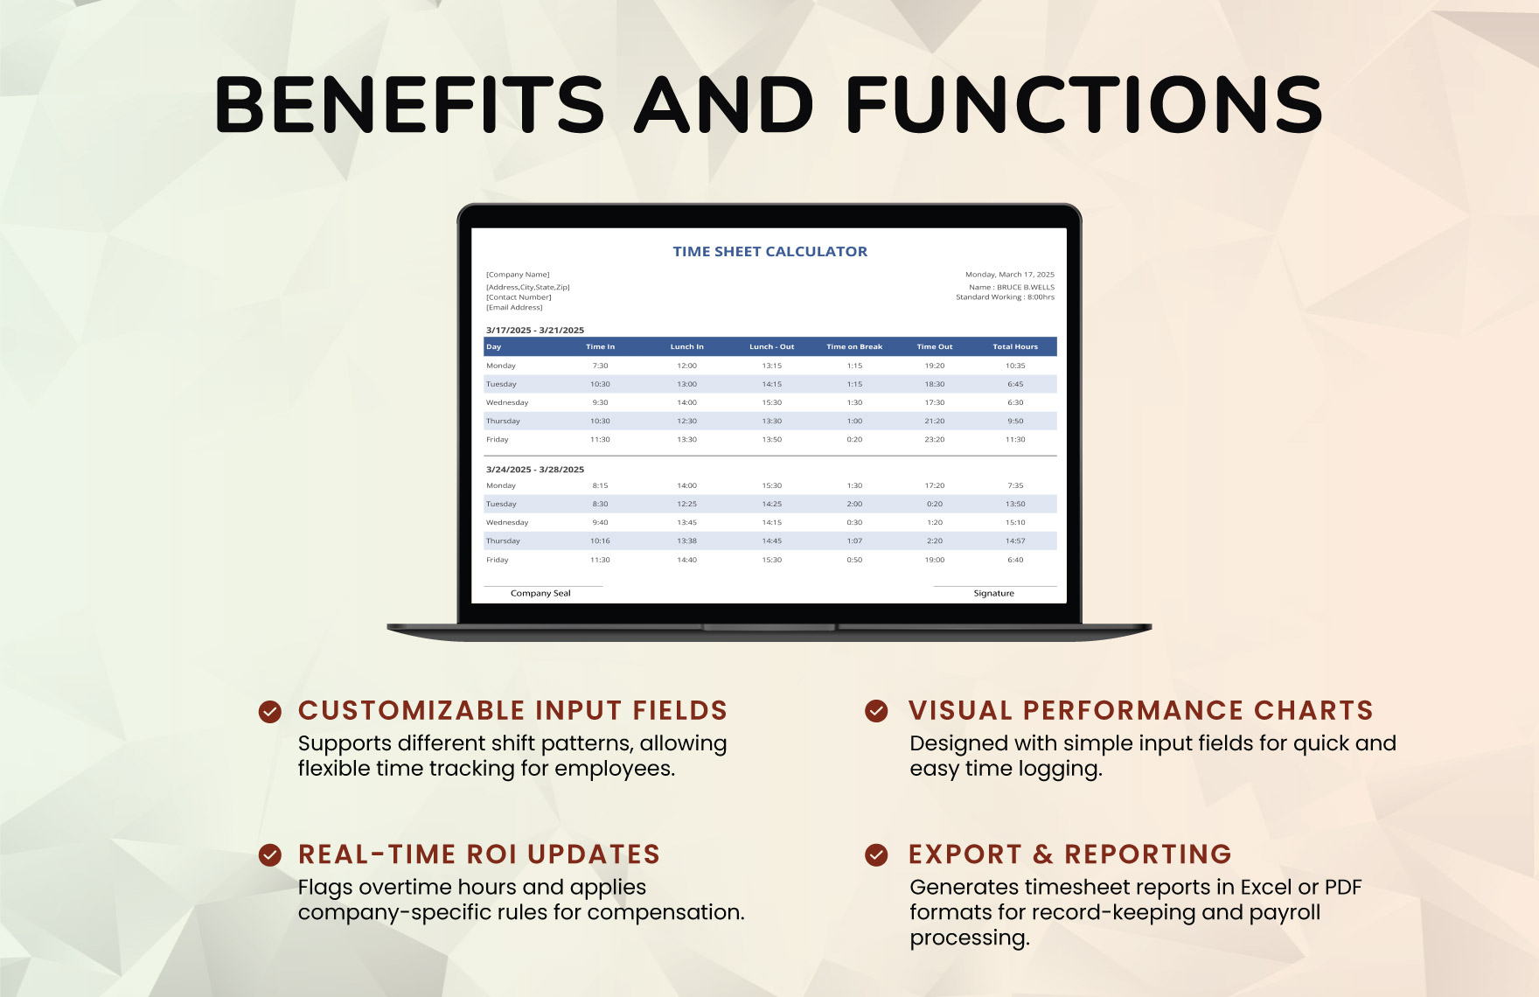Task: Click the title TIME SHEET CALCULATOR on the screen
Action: pyautogui.click(x=769, y=252)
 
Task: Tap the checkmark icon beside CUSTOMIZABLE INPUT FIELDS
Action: pyautogui.click(x=270, y=712)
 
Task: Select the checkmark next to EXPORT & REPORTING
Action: pyautogui.click(x=876, y=854)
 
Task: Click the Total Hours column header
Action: pyautogui.click(x=1015, y=347)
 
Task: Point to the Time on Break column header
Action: pyautogui.click(x=854, y=347)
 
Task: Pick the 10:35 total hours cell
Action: pyautogui.click(x=1015, y=366)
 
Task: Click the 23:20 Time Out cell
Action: pyautogui.click(x=935, y=440)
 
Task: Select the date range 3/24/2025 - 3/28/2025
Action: pyautogui.click(x=535, y=470)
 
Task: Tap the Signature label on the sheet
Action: pyautogui.click(x=994, y=593)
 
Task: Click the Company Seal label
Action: pyautogui.click(x=540, y=593)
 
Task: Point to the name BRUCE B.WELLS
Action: pyautogui.click(x=1026, y=287)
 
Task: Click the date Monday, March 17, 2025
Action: pyautogui.click(x=1010, y=275)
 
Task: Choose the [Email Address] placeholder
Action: pyautogui.click(x=514, y=308)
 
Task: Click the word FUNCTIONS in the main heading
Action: pyautogui.click(x=1084, y=105)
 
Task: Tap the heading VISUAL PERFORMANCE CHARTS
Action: pyautogui.click(x=1141, y=711)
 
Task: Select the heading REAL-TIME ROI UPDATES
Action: pyautogui.click(x=479, y=854)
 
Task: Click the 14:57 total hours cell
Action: pyautogui.click(x=1015, y=541)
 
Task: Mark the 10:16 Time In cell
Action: pyautogui.click(x=600, y=541)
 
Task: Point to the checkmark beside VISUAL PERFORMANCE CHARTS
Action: pyautogui.click(x=876, y=711)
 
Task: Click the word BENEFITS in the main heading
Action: pyautogui.click(x=409, y=105)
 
